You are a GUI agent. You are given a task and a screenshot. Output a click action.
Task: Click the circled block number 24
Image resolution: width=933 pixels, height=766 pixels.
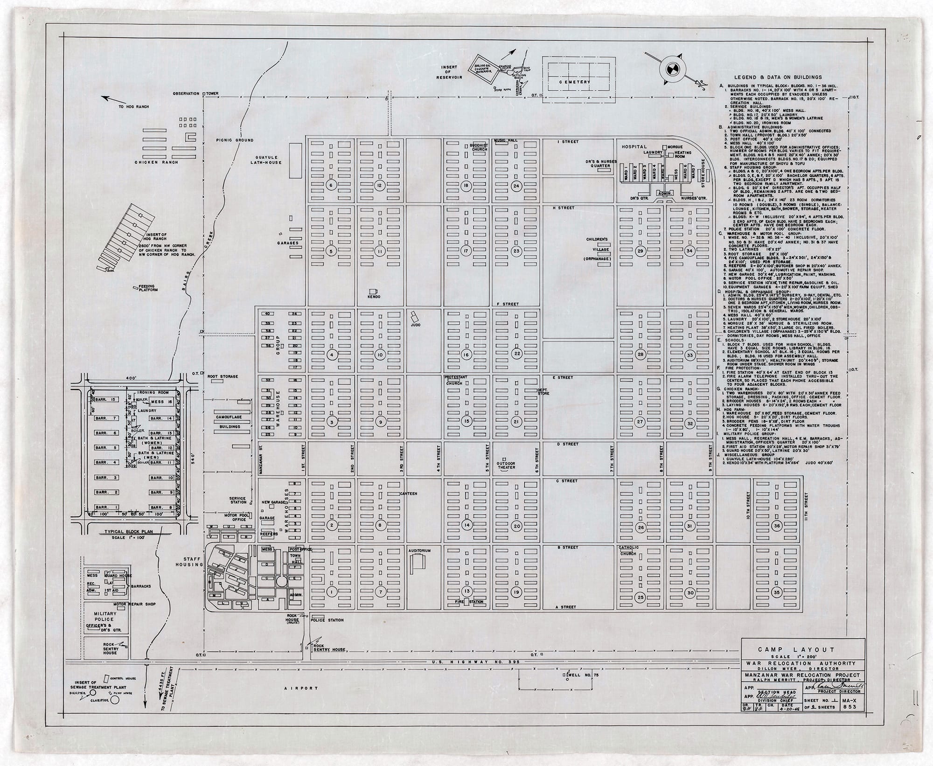516,186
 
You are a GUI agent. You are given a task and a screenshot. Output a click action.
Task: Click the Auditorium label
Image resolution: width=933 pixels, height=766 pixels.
419,550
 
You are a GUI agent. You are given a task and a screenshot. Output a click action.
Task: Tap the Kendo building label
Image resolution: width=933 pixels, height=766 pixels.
374,296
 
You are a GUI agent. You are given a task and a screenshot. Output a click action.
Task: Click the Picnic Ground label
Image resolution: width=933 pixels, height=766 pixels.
235,140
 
